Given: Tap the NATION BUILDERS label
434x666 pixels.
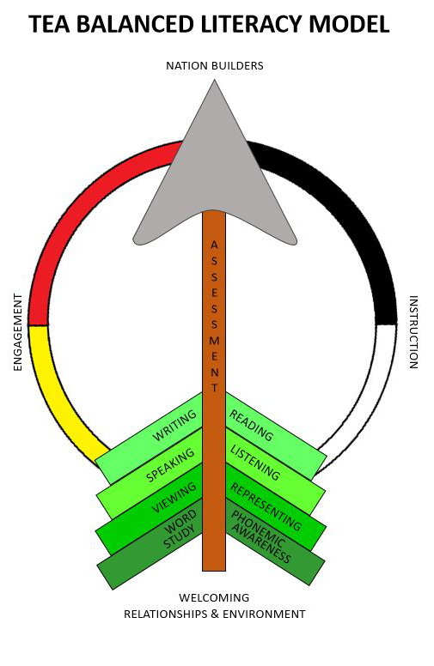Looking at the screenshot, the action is point(215,66).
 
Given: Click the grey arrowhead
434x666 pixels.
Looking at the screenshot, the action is point(215,170).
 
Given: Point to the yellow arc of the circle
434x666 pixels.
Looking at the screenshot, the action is point(55,399).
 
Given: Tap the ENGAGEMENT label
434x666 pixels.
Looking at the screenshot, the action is point(17,332).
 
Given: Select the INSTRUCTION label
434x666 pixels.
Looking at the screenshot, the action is point(413,332).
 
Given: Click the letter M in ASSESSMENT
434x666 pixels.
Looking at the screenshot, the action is point(214,341).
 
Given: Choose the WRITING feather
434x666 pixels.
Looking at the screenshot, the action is point(149,438).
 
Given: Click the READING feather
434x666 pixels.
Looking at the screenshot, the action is point(276,438).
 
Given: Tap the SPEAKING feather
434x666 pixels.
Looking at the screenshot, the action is point(149,474).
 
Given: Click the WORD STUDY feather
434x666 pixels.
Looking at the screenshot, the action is point(150,543).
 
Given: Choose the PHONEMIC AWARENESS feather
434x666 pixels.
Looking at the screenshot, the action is point(275,542).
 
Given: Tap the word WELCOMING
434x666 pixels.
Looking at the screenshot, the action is point(214,597).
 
